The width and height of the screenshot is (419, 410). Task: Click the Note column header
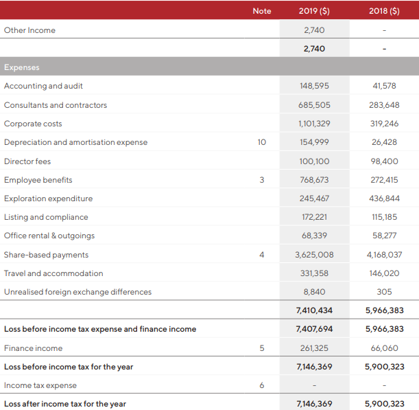(x=262, y=11)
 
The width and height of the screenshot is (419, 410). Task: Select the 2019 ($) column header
(x=314, y=11)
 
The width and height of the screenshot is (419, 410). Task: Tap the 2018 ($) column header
(x=384, y=11)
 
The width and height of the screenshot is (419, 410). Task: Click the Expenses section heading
(x=22, y=67)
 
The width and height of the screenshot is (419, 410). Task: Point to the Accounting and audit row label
(x=43, y=86)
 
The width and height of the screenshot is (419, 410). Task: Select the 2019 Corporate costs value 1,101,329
(x=314, y=124)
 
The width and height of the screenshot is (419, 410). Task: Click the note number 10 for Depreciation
(x=262, y=142)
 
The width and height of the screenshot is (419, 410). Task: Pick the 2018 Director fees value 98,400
(x=384, y=161)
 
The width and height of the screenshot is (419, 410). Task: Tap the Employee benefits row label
(x=38, y=180)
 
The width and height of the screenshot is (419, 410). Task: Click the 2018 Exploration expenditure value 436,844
(x=384, y=198)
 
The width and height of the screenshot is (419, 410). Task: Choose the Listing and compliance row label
(x=46, y=217)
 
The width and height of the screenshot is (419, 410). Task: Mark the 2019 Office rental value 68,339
(x=314, y=236)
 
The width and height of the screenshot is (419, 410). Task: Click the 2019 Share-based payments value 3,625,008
(x=314, y=255)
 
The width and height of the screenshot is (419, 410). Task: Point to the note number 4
(x=262, y=255)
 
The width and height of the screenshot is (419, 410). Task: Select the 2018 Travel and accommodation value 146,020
(x=384, y=273)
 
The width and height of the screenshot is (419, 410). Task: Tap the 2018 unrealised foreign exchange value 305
(x=384, y=292)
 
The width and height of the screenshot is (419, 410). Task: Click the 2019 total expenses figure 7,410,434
(x=314, y=310)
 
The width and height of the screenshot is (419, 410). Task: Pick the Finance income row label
(x=33, y=348)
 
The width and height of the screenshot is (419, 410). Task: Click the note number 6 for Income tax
(x=262, y=385)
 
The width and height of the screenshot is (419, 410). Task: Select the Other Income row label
(x=29, y=30)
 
